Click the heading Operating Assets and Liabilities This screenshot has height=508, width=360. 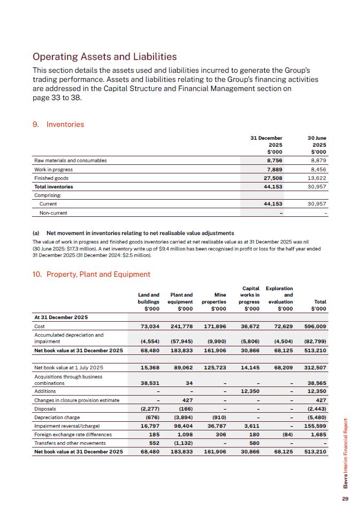[104, 56]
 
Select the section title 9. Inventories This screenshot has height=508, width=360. [58, 124]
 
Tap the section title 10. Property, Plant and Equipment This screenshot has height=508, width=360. [91, 274]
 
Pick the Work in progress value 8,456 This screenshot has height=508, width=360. [317, 169]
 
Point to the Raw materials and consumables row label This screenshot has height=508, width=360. [71, 161]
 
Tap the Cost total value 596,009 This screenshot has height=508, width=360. [316, 326]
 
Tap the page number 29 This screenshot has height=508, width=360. [345, 499]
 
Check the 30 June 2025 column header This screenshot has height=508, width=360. [317, 145]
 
